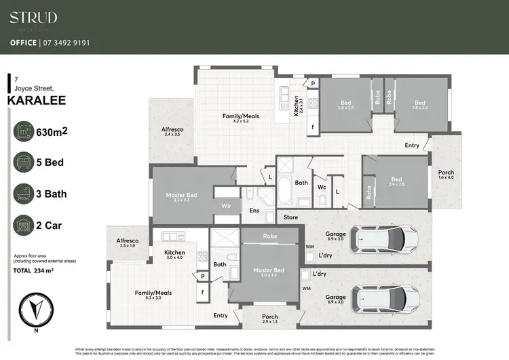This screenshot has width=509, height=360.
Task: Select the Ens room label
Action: [x=254, y=211]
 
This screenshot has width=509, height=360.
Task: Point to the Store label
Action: [x=290, y=217]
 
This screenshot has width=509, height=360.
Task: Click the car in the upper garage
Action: [x=383, y=238]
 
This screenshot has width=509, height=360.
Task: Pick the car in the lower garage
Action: [x=383, y=297]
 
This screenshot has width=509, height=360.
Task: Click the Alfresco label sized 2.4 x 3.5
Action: [x=173, y=131]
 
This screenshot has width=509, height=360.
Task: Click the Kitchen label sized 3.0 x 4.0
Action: [x=175, y=253]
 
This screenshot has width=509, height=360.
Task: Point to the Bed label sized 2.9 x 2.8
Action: [x=396, y=181]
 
